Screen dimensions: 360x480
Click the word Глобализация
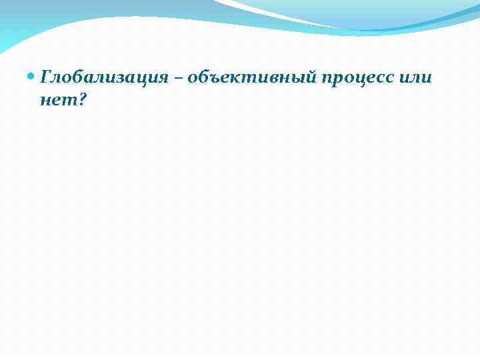tap(103, 77)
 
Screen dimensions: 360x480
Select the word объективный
tap(253, 77)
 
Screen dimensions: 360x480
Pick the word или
tap(417, 78)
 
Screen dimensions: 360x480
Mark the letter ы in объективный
tap(297, 78)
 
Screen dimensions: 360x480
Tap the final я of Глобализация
tap(161, 78)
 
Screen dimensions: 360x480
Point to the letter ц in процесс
tap(361, 79)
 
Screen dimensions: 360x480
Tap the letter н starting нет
tap(45, 99)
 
